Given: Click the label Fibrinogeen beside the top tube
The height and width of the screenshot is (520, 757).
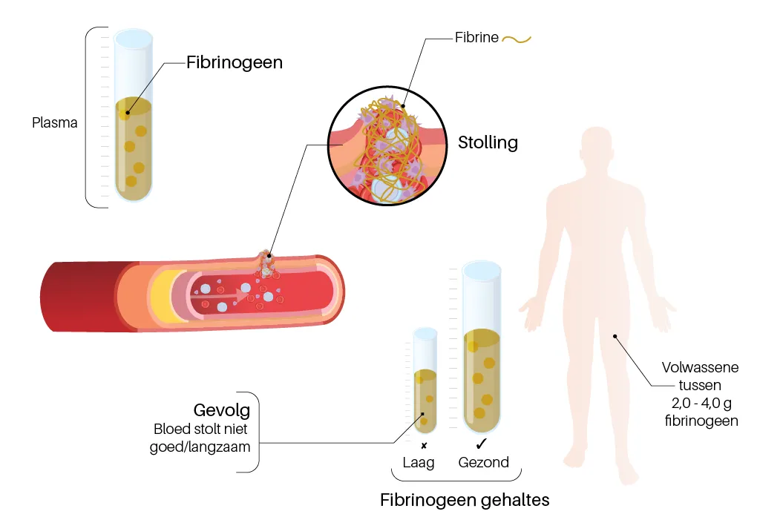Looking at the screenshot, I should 234,62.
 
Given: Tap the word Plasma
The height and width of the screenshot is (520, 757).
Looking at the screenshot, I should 55,123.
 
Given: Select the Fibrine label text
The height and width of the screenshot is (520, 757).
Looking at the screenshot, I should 476,38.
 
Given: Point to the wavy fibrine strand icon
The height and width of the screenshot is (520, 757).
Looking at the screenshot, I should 517,39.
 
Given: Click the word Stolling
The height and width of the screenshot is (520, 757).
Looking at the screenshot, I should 488,142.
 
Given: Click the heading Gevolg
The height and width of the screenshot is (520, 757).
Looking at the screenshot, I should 221,410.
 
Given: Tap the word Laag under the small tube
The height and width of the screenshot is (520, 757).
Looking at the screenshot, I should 418,462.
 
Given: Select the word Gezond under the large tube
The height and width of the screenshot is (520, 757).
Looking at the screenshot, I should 484,462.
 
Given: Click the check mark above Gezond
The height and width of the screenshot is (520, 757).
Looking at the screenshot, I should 481,444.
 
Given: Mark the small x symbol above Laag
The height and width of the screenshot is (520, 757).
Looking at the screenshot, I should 424,445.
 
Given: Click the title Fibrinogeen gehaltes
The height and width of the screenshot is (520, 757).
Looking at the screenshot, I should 465,500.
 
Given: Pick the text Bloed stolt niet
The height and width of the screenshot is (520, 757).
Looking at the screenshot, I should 202,430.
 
